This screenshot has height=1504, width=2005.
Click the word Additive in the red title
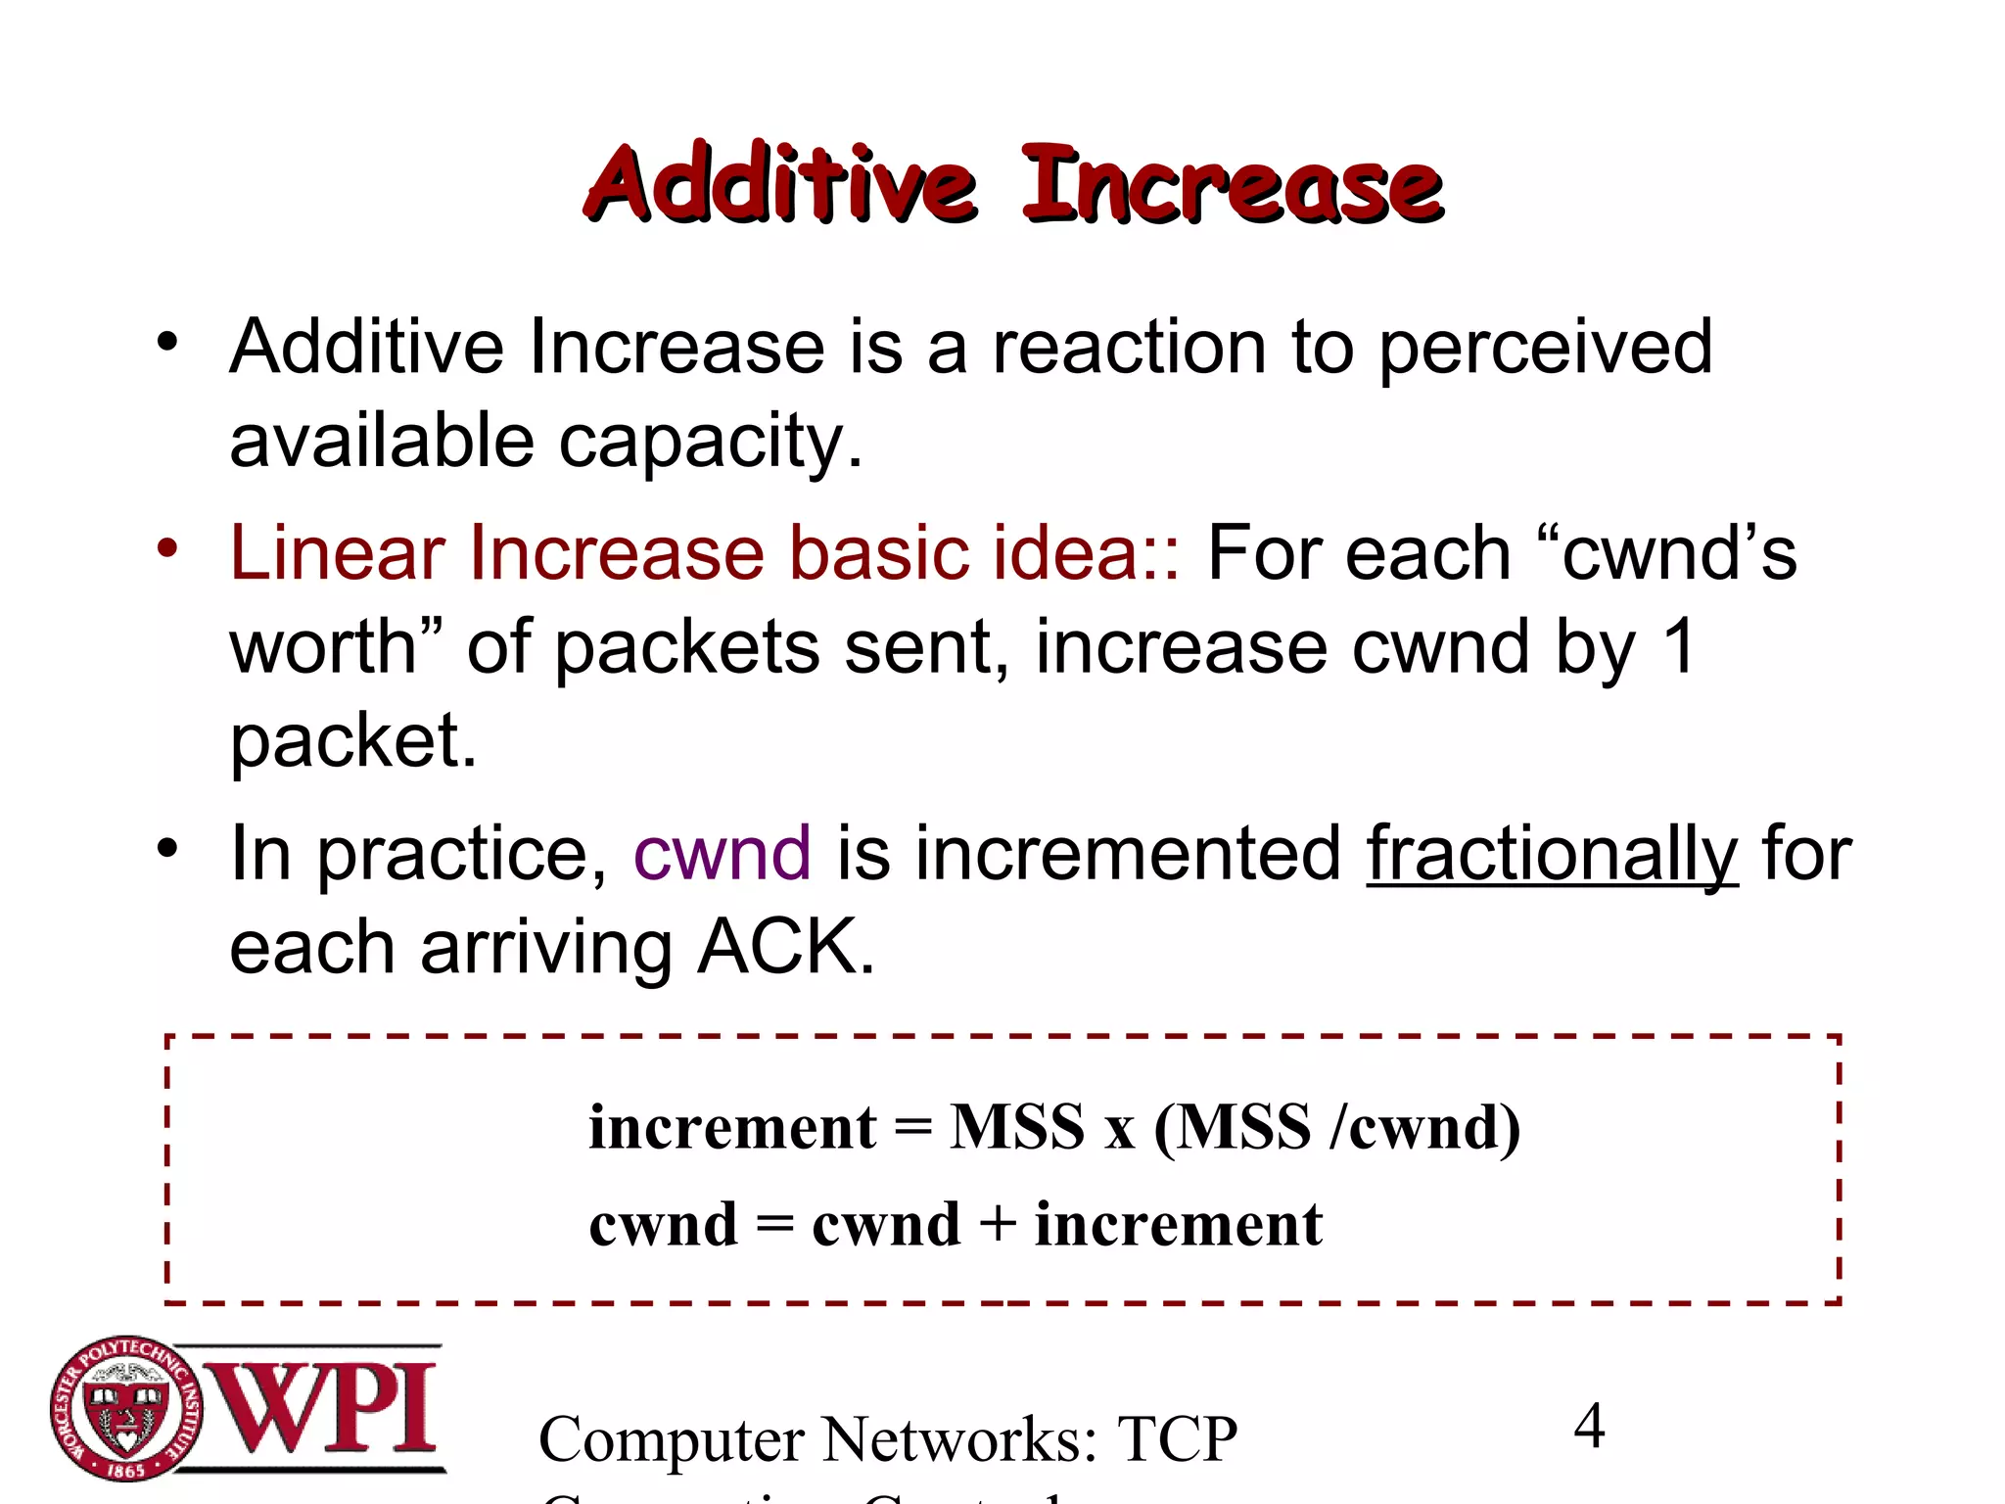(x=780, y=183)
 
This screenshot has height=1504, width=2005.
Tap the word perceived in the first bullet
(x=1546, y=349)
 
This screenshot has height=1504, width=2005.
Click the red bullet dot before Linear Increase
(x=167, y=548)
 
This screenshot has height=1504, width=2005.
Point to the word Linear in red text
(x=337, y=553)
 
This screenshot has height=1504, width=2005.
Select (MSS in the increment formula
(x=1233, y=1127)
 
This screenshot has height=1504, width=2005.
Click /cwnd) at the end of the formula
(x=1425, y=1127)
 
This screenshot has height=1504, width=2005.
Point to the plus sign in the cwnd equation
(x=998, y=1225)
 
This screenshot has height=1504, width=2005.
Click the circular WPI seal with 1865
(x=126, y=1408)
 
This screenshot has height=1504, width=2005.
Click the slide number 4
(x=1589, y=1426)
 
